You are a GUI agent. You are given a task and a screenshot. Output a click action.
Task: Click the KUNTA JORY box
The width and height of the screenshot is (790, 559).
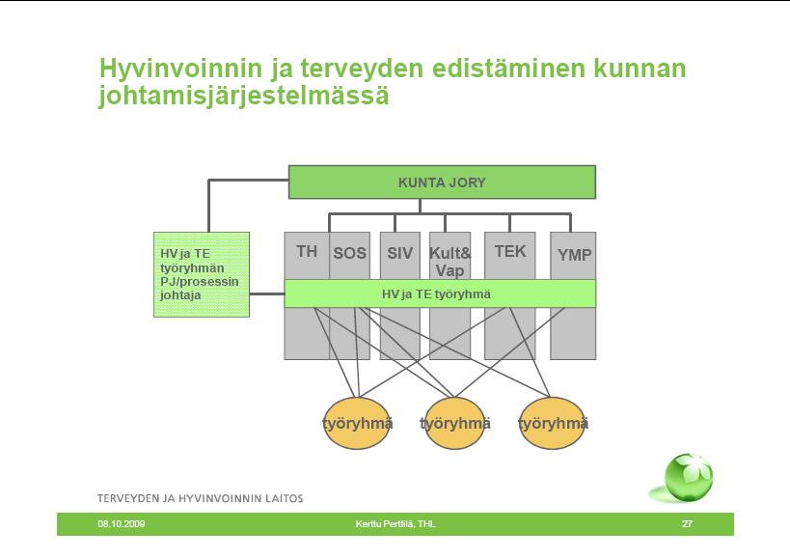[x=442, y=182]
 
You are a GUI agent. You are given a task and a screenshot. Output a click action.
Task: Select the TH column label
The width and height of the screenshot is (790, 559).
[x=307, y=251]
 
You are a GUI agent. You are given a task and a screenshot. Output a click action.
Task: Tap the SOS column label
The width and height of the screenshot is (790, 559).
[x=349, y=253]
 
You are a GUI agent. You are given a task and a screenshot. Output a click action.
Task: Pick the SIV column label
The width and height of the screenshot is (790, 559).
[x=399, y=253]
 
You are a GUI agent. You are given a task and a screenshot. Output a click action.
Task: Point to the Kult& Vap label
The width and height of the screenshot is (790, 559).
[x=449, y=262]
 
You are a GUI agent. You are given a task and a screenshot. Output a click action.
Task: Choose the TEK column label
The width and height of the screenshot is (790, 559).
[x=510, y=251]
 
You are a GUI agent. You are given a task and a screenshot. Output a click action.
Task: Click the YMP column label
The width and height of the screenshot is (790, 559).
[x=574, y=255]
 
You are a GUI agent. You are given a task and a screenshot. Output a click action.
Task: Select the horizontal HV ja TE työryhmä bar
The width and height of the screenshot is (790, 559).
[x=440, y=293]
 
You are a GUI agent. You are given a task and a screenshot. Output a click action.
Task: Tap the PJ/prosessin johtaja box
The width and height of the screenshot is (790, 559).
[x=202, y=275]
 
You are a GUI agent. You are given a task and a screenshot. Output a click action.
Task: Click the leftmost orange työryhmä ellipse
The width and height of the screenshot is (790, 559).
[x=357, y=424]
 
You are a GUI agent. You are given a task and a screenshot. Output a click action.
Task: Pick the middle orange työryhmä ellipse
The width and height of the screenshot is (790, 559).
[x=455, y=424]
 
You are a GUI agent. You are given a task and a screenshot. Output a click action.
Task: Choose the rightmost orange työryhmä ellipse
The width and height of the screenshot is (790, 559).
[x=553, y=424]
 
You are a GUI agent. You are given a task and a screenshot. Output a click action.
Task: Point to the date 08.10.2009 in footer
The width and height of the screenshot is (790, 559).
[x=122, y=524]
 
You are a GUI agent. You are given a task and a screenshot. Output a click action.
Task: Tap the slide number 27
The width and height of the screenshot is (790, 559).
[x=687, y=524]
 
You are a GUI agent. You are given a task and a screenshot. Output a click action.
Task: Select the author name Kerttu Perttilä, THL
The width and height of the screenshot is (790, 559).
[x=395, y=524]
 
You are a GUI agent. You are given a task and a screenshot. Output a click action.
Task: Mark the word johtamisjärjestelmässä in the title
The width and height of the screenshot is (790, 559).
[x=244, y=96]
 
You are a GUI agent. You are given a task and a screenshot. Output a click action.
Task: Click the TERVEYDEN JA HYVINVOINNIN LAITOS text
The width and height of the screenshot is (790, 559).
[x=200, y=498]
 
